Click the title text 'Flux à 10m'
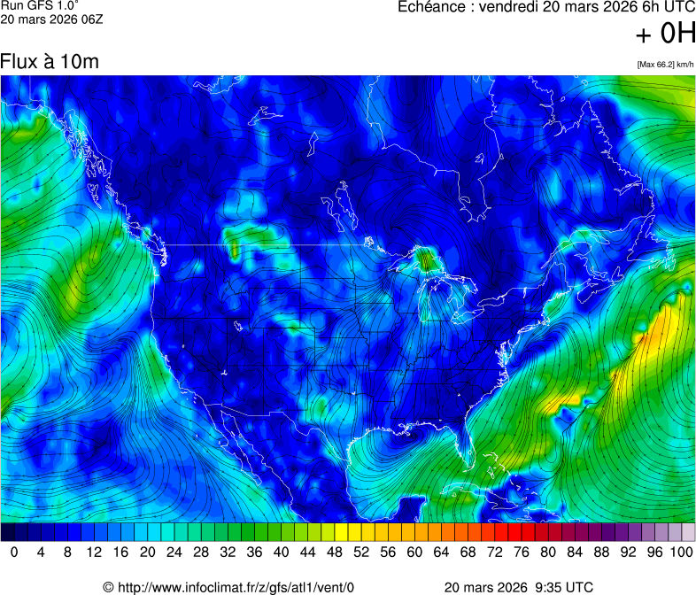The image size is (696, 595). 50,62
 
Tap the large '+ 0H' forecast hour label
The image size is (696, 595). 666,34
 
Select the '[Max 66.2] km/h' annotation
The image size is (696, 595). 665,64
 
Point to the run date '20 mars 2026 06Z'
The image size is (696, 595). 52,19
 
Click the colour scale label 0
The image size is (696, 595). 14,552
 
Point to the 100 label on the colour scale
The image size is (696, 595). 680,552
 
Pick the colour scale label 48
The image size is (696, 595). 336,552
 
